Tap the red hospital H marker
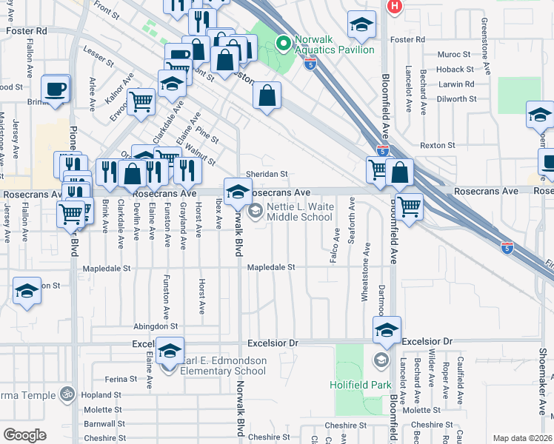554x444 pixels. point(395,6)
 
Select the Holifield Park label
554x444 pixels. point(359,385)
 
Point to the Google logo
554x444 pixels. point(24,435)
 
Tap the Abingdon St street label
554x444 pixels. point(156,326)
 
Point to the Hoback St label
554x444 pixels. point(454,70)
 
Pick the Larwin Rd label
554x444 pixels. point(455,84)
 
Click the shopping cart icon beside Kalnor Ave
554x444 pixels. point(141,101)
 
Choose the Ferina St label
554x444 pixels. point(121,379)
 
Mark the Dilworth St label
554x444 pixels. point(456,99)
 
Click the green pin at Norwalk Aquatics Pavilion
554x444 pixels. point(281,44)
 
